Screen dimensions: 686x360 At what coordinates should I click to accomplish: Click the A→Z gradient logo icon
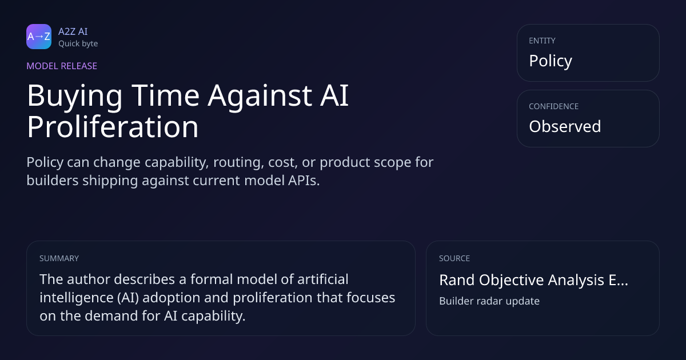(x=39, y=37)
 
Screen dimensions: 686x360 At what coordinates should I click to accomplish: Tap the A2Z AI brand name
(x=73, y=31)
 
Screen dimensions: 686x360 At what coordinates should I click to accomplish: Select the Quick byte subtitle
(x=78, y=44)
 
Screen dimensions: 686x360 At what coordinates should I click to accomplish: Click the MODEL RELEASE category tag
(x=62, y=66)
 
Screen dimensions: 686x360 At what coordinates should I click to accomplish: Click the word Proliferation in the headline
(x=113, y=127)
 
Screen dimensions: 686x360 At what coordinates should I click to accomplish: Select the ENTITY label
(x=542, y=41)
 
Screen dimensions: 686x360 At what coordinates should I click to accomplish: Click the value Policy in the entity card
(x=551, y=61)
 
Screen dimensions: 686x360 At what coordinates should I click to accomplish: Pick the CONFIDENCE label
(x=554, y=106)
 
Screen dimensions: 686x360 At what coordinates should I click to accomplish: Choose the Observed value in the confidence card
(x=565, y=126)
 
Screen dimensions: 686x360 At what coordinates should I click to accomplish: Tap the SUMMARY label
(x=59, y=258)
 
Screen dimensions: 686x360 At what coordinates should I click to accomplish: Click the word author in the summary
(x=89, y=279)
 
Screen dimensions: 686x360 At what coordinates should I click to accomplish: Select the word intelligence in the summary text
(x=77, y=298)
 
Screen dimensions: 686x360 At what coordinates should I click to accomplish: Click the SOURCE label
(x=454, y=258)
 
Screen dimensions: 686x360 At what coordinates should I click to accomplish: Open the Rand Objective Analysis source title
(x=533, y=280)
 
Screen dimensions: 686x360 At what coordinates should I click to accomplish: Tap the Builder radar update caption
(x=489, y=301)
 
